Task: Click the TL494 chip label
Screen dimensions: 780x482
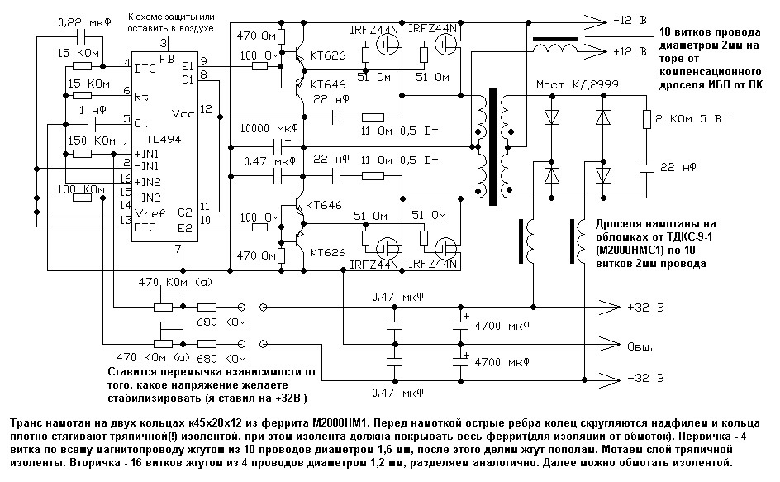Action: click(x=164, y=140)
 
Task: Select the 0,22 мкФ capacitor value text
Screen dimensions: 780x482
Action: click(x=85, y=22)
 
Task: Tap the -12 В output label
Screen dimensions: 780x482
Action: click(x=630, y=21)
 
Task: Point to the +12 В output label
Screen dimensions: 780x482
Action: click(x=630, y=51)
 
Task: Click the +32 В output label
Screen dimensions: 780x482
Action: click(x=645, y=308)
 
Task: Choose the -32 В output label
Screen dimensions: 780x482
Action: click(x=645, y=378)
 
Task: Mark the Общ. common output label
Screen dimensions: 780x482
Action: click(x=640, y=346)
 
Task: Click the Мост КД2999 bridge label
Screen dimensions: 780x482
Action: click(x=577, y=84)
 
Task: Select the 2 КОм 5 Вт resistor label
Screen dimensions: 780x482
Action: click(x=692, y=119)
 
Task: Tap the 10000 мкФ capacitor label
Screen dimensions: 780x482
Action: click(x=269, y=128)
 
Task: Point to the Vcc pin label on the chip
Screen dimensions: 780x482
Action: click(x=183, y=113)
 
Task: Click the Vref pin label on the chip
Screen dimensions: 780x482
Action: click(x=150, y=213)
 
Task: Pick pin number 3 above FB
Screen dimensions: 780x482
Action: click(x=164, y=43)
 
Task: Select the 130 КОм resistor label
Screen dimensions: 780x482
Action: click(x=81, y=189)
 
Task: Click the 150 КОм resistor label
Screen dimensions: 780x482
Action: click(x=92, y=141)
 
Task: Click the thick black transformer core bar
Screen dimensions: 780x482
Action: click(x=493, y=146)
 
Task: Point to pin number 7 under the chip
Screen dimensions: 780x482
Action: click(x=178, y=249)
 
